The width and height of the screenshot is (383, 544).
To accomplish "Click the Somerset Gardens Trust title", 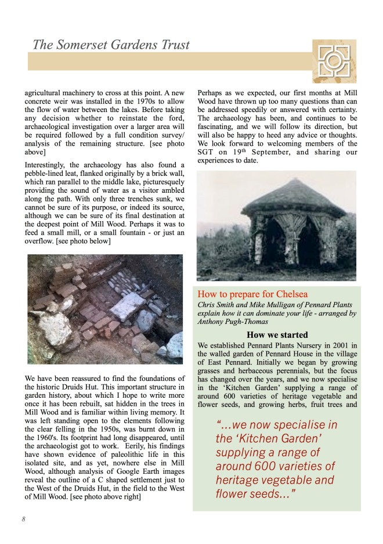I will tap(110, 44).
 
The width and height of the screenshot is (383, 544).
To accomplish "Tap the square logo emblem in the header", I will tap(334, 61).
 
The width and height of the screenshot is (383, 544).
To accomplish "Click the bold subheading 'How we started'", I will tap(276, 334).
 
